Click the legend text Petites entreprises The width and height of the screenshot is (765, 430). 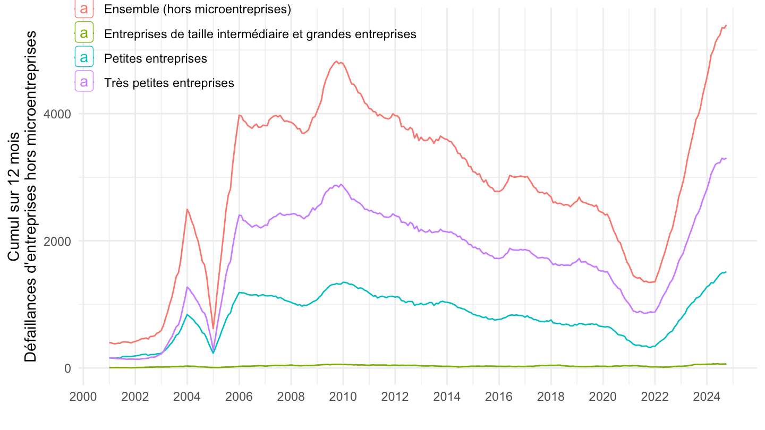click(156, 58)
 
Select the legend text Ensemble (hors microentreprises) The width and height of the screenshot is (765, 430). click(198, 9)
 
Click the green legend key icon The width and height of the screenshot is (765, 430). click(84, 33)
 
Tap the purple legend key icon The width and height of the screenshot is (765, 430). click(84, 83)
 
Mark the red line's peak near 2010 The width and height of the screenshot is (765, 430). click(337, 62)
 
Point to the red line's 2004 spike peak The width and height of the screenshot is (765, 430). click(187, 209)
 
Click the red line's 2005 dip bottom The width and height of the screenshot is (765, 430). click(213, 329)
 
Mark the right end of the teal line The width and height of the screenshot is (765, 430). click(726, 272)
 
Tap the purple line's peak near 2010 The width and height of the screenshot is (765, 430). click(341, 184)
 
